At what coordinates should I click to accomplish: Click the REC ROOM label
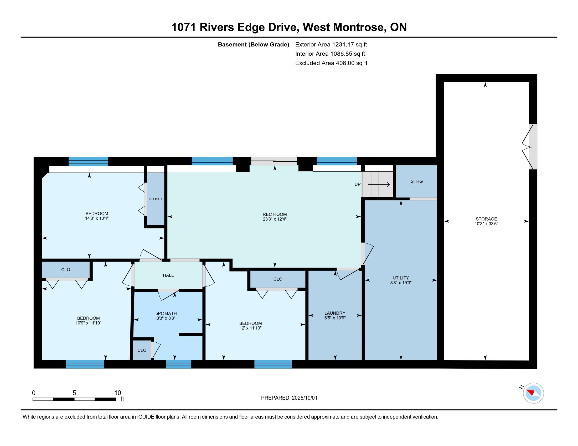click(x=275, y=214)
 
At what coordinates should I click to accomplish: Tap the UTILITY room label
click(x=401, y=278)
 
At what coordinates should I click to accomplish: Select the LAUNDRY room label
click(x=335, y=313)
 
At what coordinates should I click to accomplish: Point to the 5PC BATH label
click(x=166, y=314)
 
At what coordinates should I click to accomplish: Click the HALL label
click(x=168, y=275)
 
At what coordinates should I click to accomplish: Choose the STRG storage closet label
click(x=417, y=181)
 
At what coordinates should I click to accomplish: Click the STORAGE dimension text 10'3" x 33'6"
click(x=486, y=224)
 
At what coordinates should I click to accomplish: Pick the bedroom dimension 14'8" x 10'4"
click(x=97, y=218)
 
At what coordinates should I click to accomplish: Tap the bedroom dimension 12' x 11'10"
click(x=250, y=328)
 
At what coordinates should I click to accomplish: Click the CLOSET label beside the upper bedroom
click(x=156, y=199)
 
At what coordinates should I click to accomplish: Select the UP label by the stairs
click(x=358, y=184)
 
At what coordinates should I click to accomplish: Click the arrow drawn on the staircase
click(x=379, y=184)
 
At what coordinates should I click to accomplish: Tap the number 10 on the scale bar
click(x=117, y=393)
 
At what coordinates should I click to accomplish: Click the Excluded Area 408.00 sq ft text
click(x=331, y=63)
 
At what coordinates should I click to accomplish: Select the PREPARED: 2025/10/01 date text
click(x=289, y=398)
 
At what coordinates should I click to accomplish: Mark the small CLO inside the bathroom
click(x=142, y=350)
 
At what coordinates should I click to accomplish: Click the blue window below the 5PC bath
click(x=179, y=364)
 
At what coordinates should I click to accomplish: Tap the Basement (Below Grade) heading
click(x=254, y=45)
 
